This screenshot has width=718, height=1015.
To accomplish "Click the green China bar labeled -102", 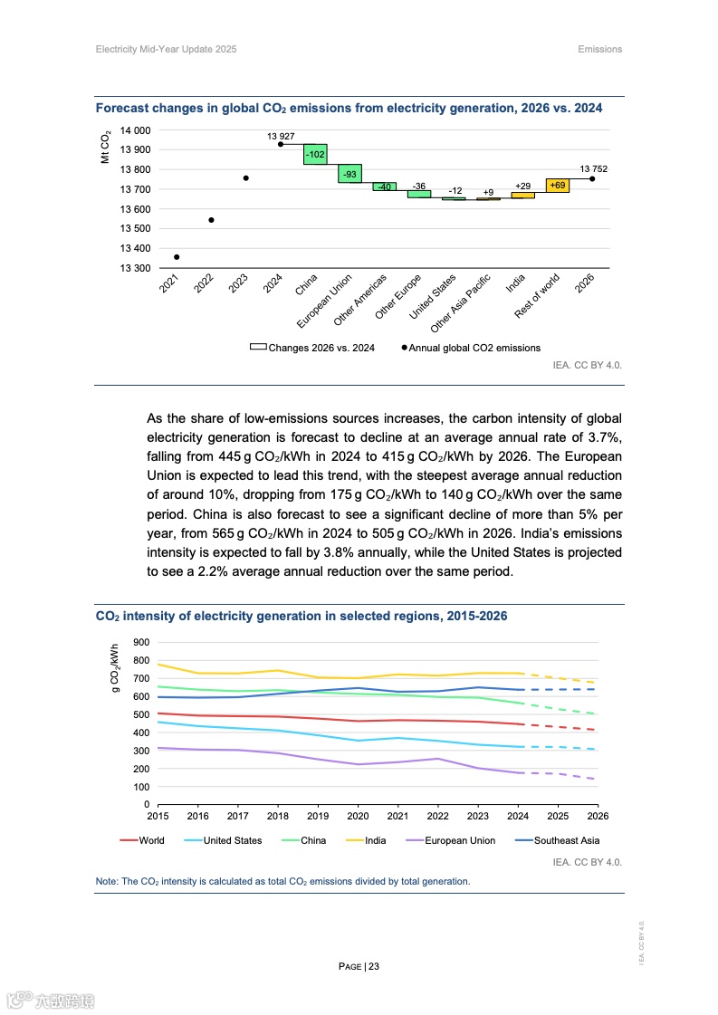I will (315, 154).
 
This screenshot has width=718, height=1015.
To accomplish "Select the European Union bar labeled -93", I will (349, 173).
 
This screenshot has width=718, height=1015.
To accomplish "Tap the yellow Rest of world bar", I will (558, 186).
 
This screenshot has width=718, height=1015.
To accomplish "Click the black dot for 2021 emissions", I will (177, 257).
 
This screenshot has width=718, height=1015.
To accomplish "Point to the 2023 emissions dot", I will (245, 178).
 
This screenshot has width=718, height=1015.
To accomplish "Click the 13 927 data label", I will (281, 136).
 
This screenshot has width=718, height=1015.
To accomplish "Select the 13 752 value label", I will (593, 168).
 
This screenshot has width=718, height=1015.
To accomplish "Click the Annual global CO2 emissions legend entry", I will (474, 348).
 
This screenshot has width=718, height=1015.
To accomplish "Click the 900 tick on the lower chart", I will (140, 642).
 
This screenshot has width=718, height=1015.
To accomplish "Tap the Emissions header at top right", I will (599, 49).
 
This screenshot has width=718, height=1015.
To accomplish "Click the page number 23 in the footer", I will (373, 966).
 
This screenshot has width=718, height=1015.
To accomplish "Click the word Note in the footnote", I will (106, 881).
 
